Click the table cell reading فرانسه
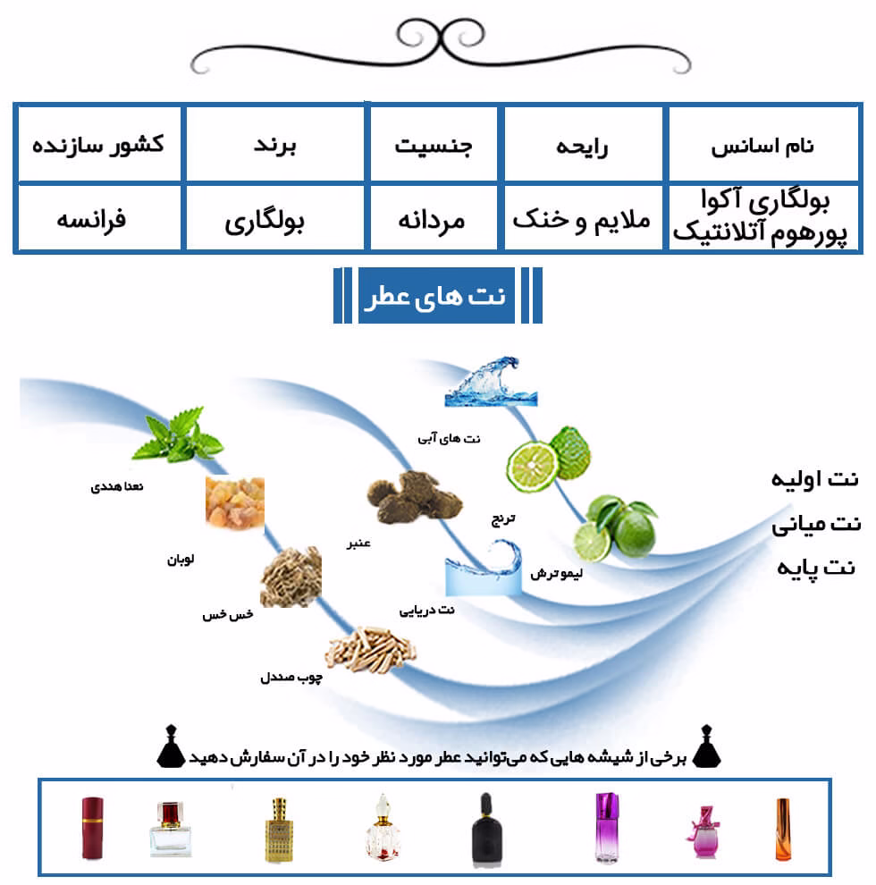(x=99, y=217)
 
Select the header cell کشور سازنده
(x=99, y=145)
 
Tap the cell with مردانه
(x=433, y=217)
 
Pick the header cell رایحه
(x=583, y=145)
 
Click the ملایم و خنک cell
(x=583, y=217)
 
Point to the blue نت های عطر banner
(x=436, y=295)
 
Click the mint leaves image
(x=177, y=434)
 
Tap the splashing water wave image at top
(x=491, y=381)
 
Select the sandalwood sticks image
(x=370, y=650)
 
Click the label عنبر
(x=358, y=544)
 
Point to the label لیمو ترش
(x=556, y=573)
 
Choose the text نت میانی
(x=816, y=525)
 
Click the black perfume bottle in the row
(x=486, y=829)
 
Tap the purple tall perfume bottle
(x=607, y=827)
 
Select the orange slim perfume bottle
(x=783, y=829)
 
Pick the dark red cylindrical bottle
(x=93, y=828)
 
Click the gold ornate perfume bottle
(x=279, y=830)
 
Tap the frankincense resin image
(x=235, y=503)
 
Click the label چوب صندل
(x=291, y=677)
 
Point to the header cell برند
(x=275, y=145)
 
